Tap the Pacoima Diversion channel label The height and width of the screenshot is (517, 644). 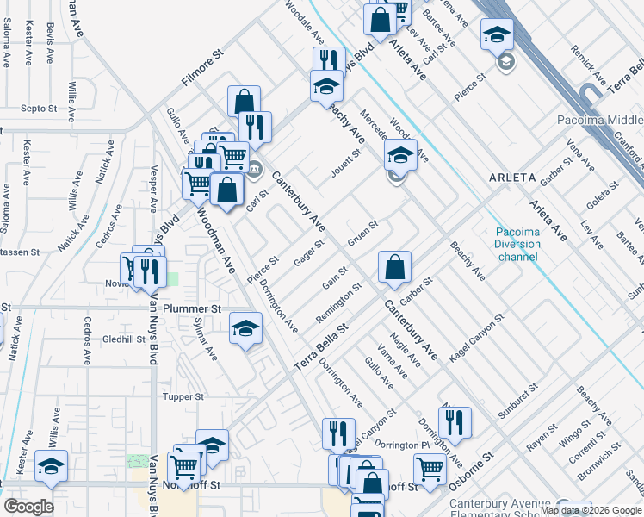click(518, 244)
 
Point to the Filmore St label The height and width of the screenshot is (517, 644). click(202, 66)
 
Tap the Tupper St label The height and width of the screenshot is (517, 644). click(183, 397)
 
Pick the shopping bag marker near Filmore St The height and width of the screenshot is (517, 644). click(245, 102)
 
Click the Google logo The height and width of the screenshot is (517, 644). click(28, 507)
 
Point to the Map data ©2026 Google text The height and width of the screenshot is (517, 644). click(591, 510)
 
